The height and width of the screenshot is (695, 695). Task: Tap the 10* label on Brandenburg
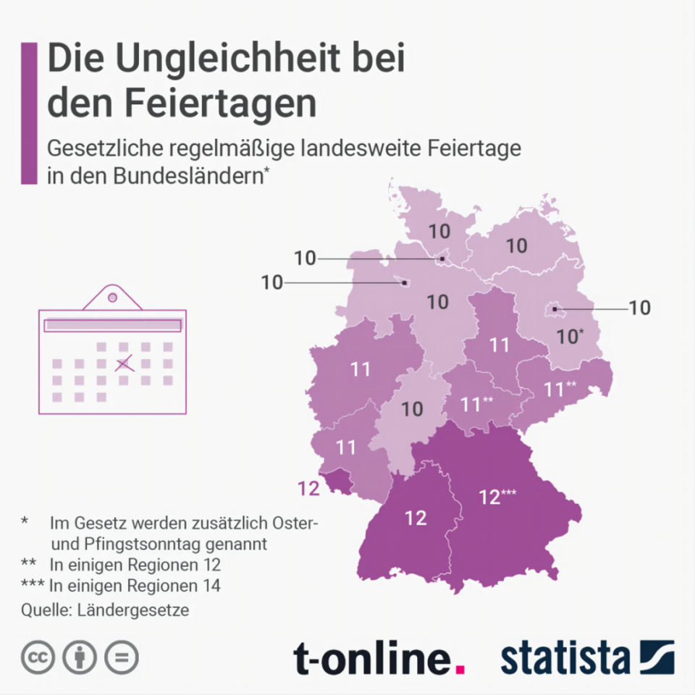[x=570, y=336]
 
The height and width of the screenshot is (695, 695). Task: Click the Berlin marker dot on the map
[x=554, y=310]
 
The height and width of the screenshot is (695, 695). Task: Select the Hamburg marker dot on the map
[x=442, y=258]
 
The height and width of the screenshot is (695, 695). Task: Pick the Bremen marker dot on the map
[x=405, y=282]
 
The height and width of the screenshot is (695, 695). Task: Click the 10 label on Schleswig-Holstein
[x=439, y=232]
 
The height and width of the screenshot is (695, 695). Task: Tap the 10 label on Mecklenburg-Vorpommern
[x=516, y=245]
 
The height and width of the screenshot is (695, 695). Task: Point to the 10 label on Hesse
[x=412, y=409]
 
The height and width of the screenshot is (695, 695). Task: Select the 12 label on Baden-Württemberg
[x=416, y=518]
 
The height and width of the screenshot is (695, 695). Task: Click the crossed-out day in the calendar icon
[x=124, y=363]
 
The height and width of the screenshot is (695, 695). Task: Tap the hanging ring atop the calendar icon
[x=112, y=297]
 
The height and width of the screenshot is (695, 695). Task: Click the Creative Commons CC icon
[x=38, y=657]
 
